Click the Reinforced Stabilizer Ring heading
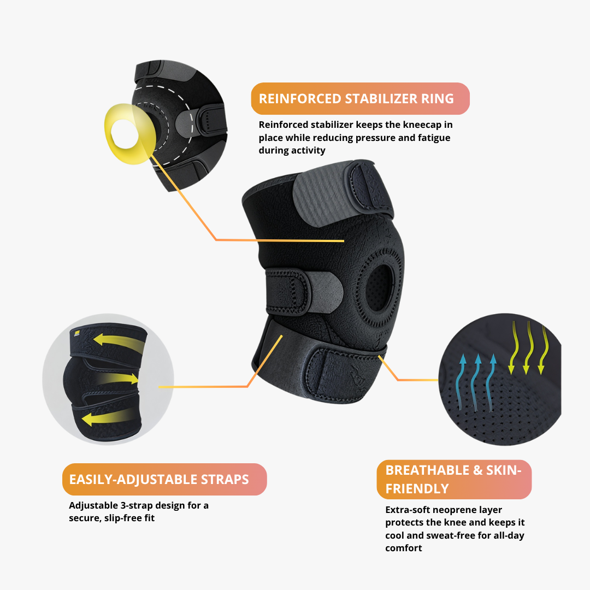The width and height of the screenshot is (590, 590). [x=356, y=99]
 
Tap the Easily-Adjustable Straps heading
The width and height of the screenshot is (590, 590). [x=159, y=480]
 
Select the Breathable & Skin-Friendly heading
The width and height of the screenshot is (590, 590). [x=454, y=479]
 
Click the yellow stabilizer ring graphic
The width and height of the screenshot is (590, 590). [x=129, y=134]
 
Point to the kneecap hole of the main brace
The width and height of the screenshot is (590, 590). [x=379, y=282]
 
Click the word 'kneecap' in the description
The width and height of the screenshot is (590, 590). [x=414, y=125]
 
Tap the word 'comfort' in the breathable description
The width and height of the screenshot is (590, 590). [x=404, y=548]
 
